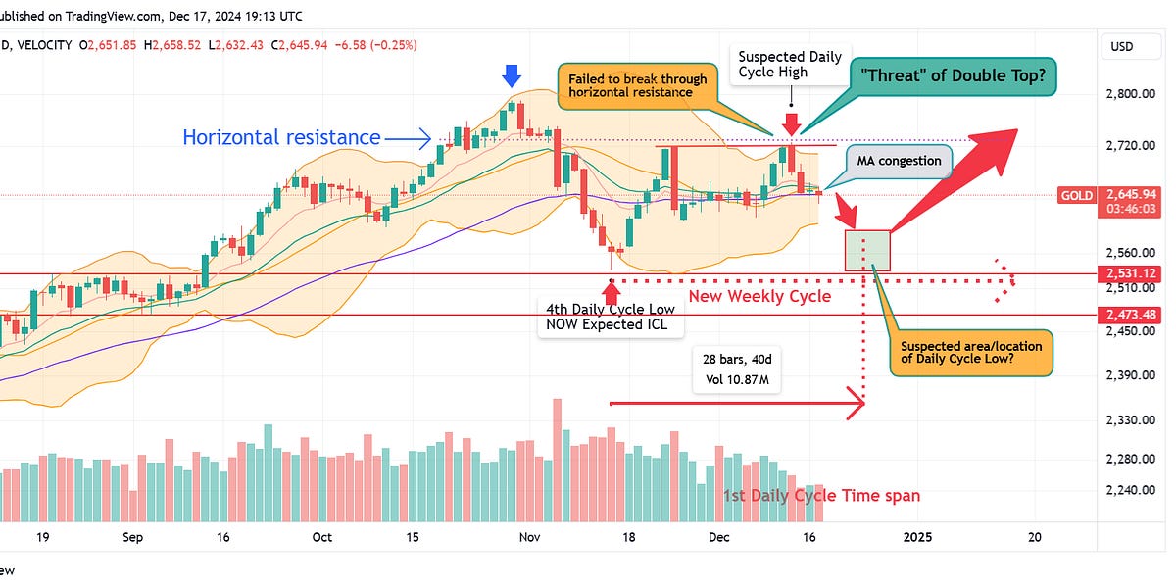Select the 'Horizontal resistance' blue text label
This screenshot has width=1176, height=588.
click(281, 138)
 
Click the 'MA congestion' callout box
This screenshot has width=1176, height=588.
click(899, 161)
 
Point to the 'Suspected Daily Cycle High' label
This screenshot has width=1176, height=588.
click(790, 64)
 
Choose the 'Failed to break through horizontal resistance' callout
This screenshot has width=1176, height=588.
click(638, 87)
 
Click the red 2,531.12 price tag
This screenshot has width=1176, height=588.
click(1137, 272)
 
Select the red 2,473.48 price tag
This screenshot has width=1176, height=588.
click(1137, 315)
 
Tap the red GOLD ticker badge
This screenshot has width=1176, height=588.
click(1076, 196)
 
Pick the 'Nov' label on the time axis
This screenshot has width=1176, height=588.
click(530, 537)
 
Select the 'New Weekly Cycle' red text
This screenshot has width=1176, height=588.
click(759, 296)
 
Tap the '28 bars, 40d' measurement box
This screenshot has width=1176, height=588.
click(735, 367)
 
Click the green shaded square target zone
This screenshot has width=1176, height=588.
click(867, 251)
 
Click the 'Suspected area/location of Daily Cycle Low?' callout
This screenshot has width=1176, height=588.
click(972, 353)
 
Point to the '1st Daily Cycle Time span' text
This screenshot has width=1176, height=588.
click(821, 496)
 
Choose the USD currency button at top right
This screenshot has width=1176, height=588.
click(1120, 46)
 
